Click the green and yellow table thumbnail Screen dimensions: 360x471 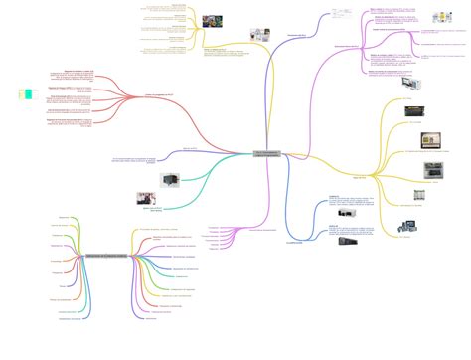pos(26,94)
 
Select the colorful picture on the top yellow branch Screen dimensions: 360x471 pos(212,20)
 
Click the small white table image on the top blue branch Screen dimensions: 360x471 pos(340,16)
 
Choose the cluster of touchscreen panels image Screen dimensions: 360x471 pos(408,226)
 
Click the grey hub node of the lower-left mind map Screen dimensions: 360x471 pos(104,259)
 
